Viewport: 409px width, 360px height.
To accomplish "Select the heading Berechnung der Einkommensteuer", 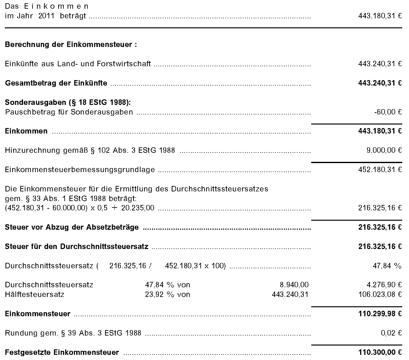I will tap(71, 44).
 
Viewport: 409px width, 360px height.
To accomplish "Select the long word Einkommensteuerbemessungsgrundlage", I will tap(80, 170).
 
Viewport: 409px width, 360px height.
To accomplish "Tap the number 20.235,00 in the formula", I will tap(138, 208).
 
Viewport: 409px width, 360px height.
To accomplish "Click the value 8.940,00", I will tap(294, 285).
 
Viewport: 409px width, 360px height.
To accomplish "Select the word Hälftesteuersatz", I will tap(34, 294).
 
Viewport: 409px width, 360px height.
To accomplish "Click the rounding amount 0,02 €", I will tap(391, 333).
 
